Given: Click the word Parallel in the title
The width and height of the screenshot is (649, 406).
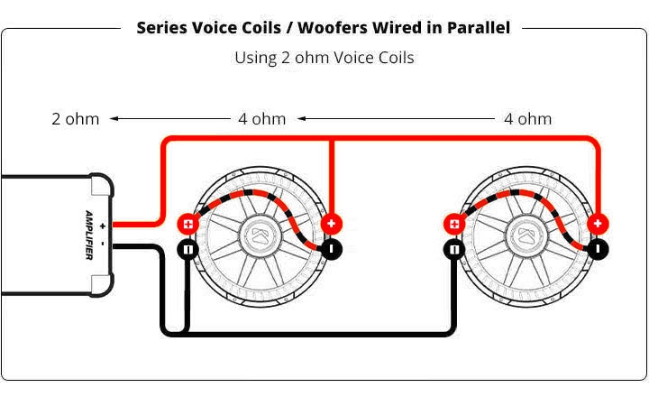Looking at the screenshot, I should click(475, 27).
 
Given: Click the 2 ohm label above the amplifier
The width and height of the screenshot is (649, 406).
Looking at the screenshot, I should click(76, 118).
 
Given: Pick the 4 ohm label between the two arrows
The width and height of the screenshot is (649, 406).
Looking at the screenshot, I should click(261, 118).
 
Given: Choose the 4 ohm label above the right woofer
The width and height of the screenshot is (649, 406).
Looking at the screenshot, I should click(527, 118).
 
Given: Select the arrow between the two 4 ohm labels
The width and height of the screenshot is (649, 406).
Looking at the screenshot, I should click(397, 118).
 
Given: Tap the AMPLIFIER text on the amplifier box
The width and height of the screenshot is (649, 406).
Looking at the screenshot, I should click(89, 233).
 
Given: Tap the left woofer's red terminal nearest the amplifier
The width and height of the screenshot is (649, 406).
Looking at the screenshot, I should click(188, 225).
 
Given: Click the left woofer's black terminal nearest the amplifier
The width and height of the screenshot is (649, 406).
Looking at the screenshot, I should click(188, 250).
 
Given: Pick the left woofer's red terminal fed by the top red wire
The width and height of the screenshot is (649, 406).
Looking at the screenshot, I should click(332, 224).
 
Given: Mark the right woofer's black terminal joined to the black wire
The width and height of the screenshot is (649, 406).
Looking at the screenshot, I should click(454, 250).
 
